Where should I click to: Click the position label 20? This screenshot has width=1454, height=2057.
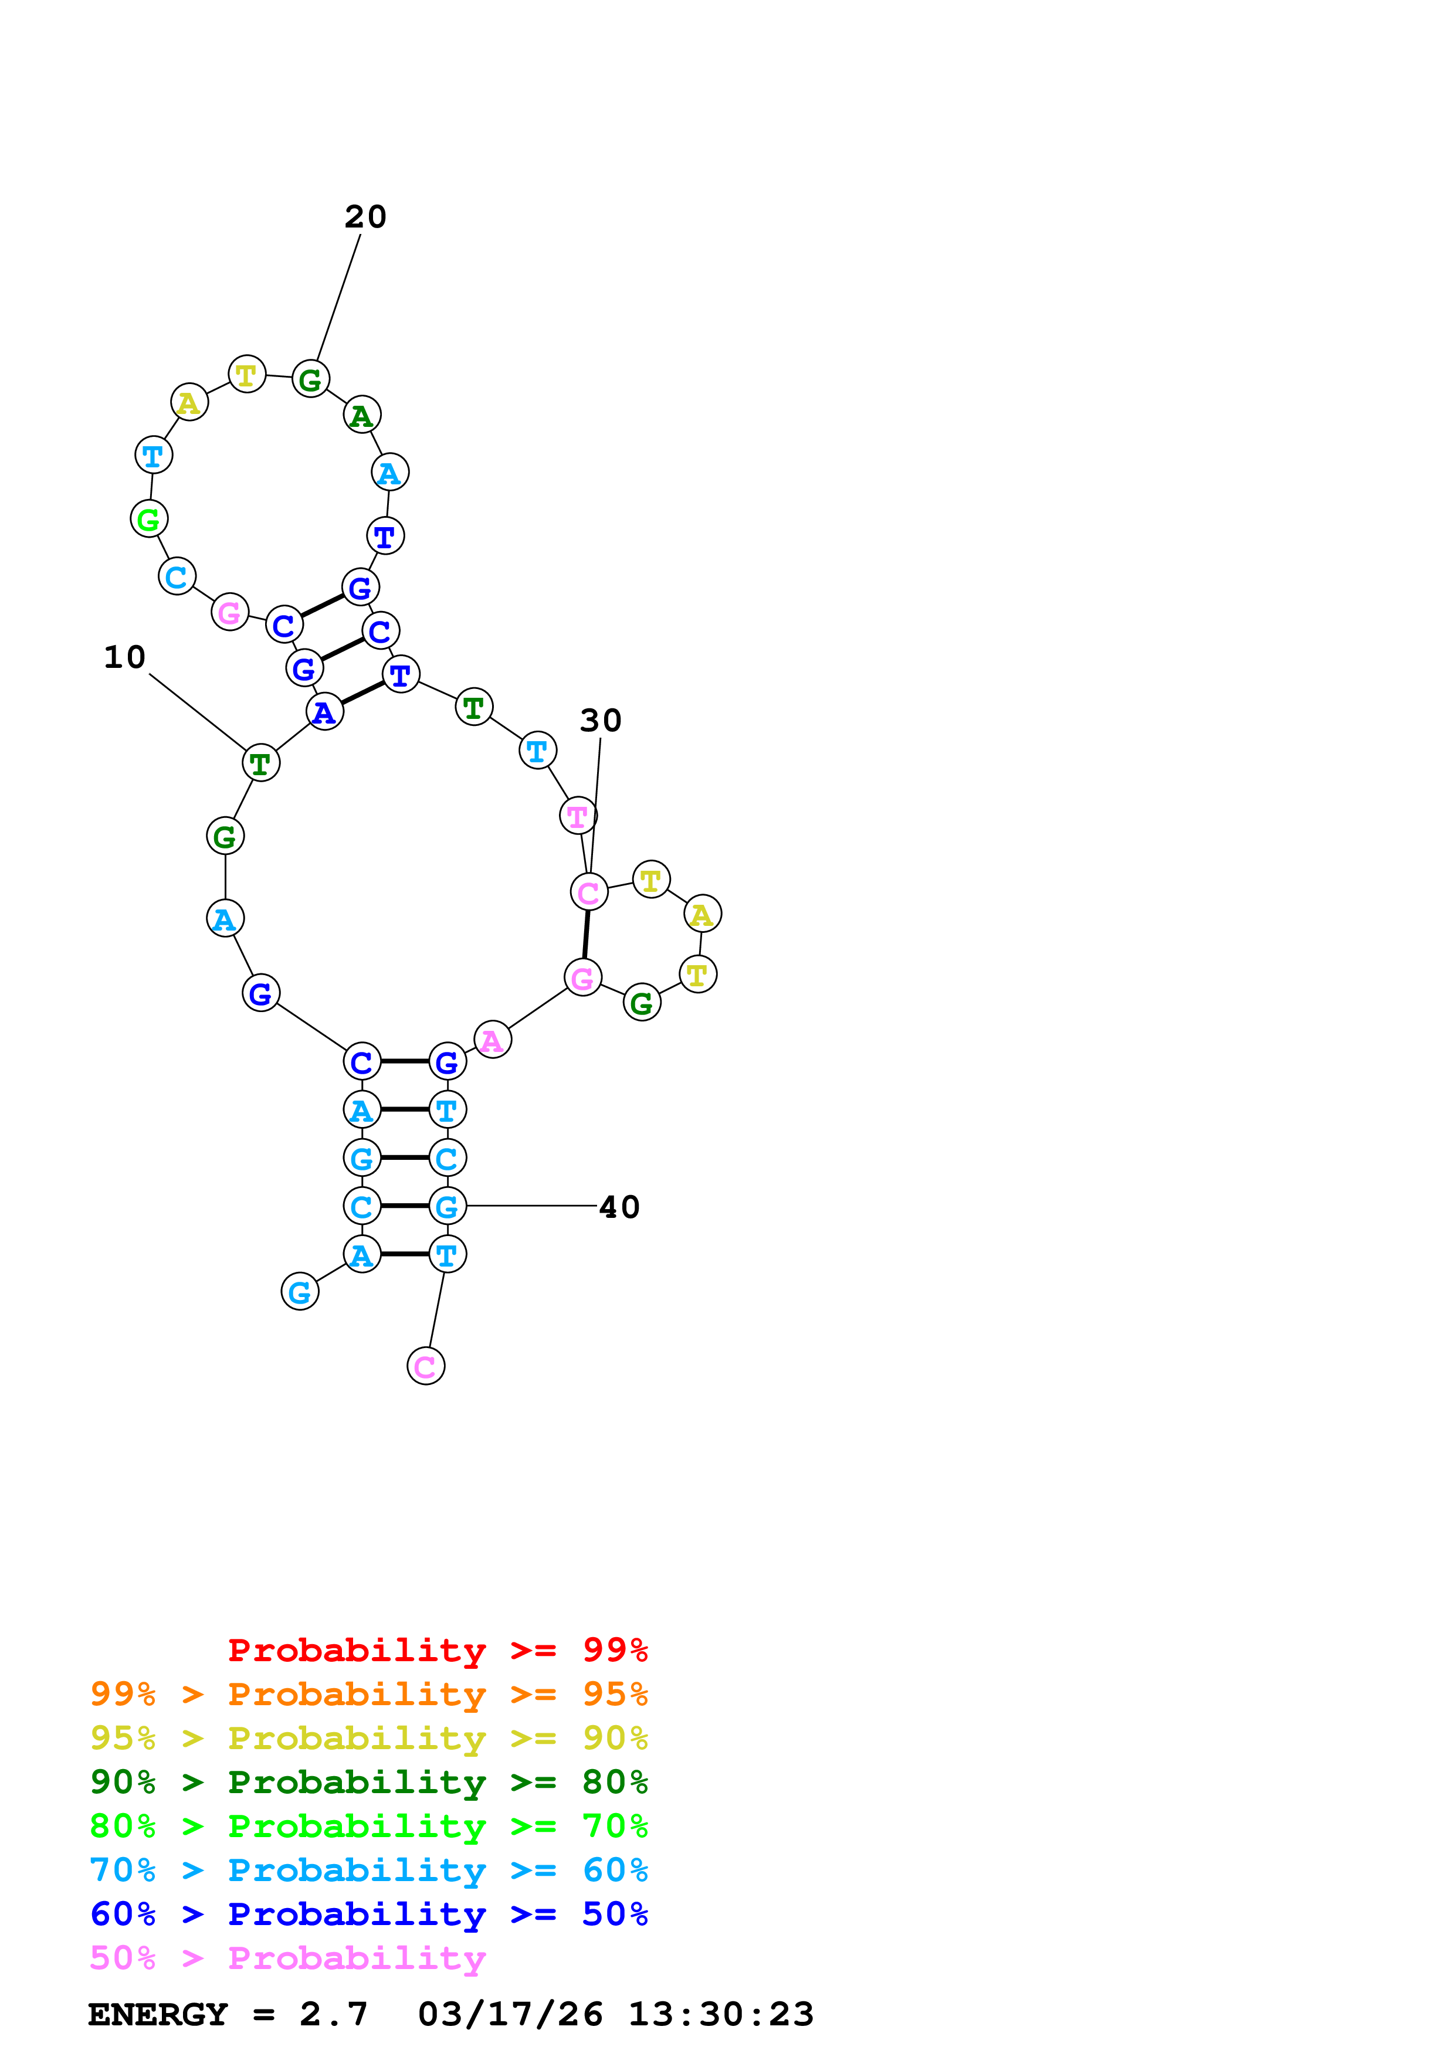(x=365, y=217)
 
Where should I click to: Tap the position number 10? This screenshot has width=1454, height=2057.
(x=124, y=657)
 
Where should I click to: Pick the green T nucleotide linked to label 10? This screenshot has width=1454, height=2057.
(x=260, y=763)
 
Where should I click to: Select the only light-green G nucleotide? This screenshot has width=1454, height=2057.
(x=149, y=519)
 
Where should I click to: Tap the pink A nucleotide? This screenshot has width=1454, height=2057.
(x=492, y=1040)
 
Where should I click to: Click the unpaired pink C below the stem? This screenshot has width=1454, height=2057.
(x=426, y=1366)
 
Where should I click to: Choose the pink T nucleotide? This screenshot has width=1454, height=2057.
(x=578, y=816)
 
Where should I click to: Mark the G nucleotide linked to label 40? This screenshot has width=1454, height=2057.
(x=447, y=1207)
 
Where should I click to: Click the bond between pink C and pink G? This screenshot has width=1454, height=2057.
(x=586, y=935)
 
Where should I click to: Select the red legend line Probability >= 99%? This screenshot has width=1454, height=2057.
(x=437, y=1650)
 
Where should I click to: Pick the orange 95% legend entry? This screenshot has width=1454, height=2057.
(x=368, y=1694)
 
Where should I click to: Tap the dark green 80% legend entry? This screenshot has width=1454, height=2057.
(x=368, y=1782)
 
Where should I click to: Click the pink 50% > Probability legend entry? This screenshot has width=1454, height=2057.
(x=287, y=1957)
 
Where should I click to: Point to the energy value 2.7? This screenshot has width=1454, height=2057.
(x=333, y=2014)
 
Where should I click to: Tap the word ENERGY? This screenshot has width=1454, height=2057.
(x=158, y=2014)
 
